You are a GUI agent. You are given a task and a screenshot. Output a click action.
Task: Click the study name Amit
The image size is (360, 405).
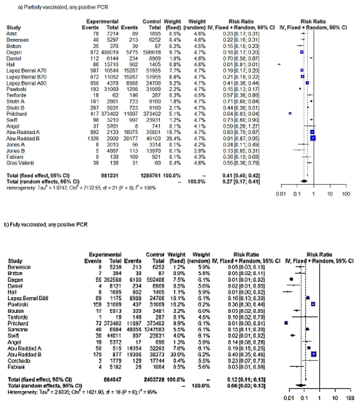pos(10,33)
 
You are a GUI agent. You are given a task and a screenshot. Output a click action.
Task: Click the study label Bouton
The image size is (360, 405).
pos(14,310)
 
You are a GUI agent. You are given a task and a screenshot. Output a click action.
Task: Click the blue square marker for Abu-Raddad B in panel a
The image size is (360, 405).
pos(313,138)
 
